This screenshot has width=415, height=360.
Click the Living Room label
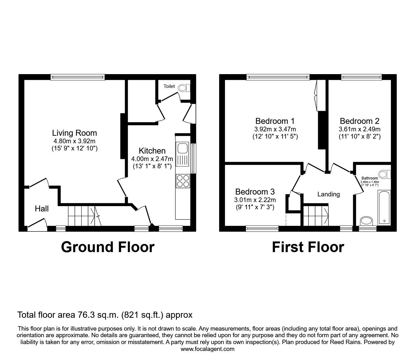coord(74,133)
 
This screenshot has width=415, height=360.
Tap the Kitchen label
coord(152,151)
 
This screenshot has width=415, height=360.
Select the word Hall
coord(42,209)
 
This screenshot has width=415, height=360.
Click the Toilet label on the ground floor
coord(169,86)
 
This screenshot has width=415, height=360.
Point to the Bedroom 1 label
coord(275,121)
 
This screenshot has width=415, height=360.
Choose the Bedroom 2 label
coord(359,121)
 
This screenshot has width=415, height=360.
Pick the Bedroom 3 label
coord(255,192)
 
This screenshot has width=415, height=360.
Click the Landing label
coord(328,194)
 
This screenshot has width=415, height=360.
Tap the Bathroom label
coord(370,178)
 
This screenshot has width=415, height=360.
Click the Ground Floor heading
coord(107,247)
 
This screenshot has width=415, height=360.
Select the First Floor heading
coord(308,247)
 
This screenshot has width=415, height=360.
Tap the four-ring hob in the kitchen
coord(183,181)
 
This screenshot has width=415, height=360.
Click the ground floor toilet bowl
coord(182,89)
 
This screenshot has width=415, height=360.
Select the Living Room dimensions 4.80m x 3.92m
coord(74,141)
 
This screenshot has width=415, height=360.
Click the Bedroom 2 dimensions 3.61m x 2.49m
coord(359,129)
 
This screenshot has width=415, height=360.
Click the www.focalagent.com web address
coord(207,349)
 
